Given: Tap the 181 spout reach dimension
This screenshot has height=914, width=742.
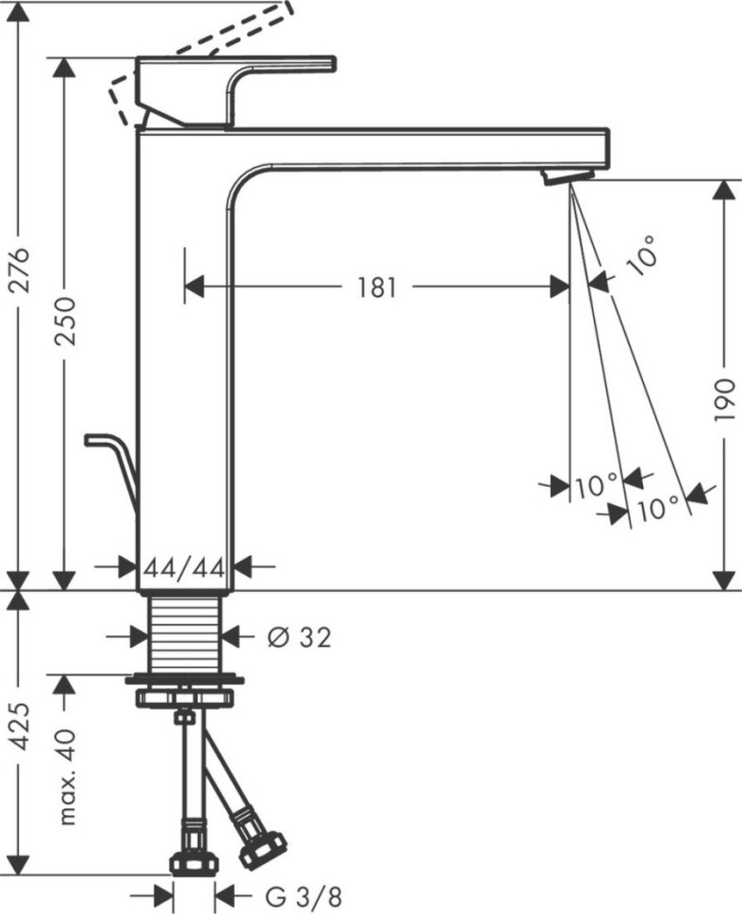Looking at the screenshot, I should tap(376, 287).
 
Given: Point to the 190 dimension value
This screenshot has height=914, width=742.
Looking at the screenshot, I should tap(723, 400).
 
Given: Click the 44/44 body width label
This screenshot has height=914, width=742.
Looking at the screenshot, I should tap(185, 567).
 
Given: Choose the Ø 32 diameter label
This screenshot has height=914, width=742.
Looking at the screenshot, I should tap(299, 638).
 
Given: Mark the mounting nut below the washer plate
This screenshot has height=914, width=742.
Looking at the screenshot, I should tap(186, 698).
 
